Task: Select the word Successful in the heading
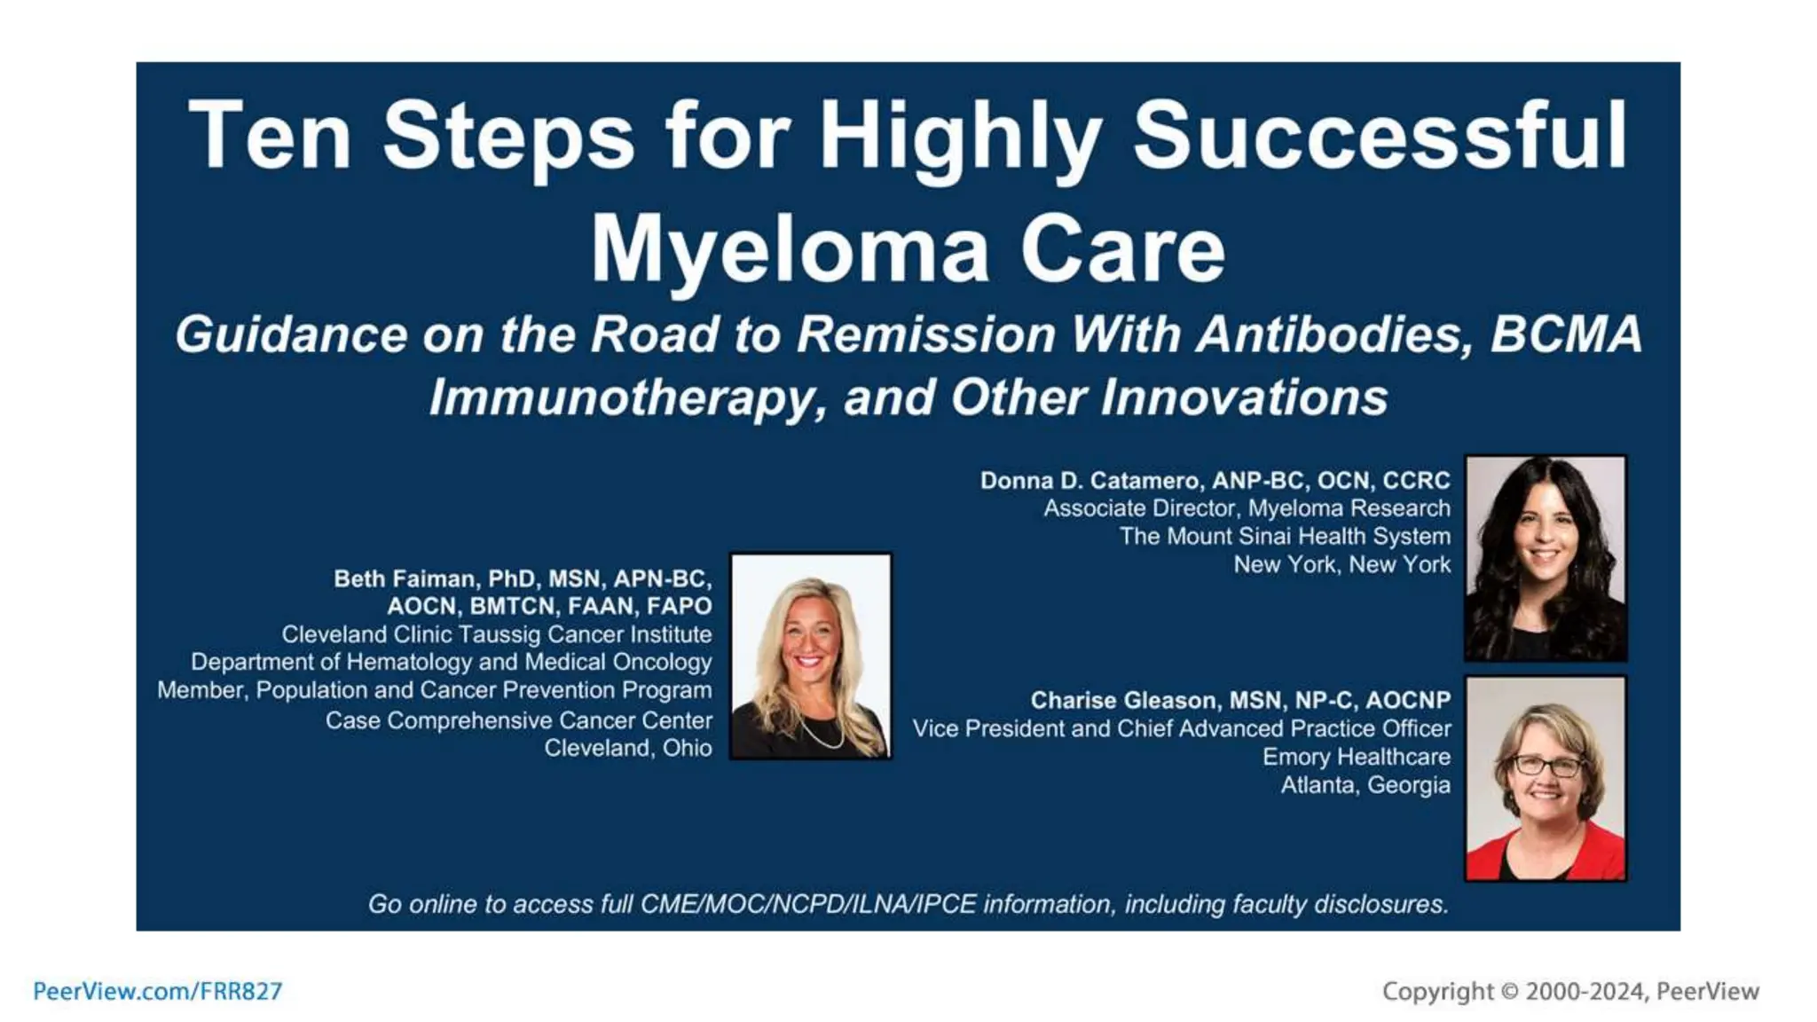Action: [x=1380, y=136]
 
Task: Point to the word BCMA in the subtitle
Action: [x=1565, y=335]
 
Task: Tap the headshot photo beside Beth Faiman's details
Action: [x=810, y=656]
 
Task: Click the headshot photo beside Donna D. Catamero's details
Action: [x=1545, y=558]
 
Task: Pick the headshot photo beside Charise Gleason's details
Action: [x=1545, y=778]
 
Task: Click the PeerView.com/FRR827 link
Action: [x=157, y=991]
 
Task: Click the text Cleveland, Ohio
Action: [x=627, y=748]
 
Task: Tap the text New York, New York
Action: [x=1341, y=564]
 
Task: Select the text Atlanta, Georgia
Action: [x=1365, y=785]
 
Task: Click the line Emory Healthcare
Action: [x=1356, y=757]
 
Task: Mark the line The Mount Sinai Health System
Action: [x=1284, y=536]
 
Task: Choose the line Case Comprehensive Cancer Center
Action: [x=518, y=720]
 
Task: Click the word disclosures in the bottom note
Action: [x=1380, y=904]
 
